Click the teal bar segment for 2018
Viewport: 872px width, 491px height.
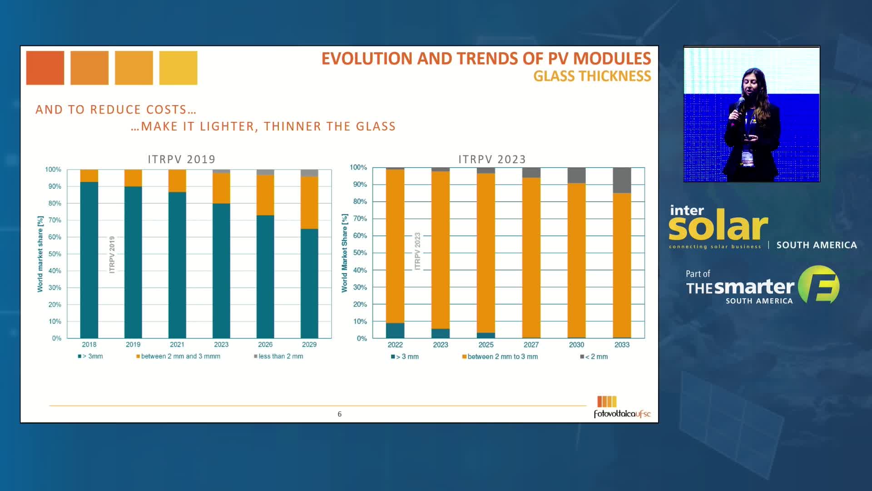click(89, 260)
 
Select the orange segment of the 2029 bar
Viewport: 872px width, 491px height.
click(309, 203)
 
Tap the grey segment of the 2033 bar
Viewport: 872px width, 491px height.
click(622, 180)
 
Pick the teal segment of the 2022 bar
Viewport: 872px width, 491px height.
click(395, 331)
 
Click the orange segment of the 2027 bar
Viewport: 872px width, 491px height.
click(531, 257)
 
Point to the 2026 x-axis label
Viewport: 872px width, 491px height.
click(265, 345)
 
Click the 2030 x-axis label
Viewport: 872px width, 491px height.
click(576, 345)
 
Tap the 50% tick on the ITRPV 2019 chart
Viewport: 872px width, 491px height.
click(54, 254)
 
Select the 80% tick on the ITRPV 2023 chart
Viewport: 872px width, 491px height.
click(360, 201)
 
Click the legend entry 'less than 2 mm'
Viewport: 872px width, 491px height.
click(280, 356)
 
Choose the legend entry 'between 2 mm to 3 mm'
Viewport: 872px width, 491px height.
click(502, 357)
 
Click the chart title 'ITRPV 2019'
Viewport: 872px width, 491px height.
click(182, 160)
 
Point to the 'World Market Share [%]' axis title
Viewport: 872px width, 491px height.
click(345, 253)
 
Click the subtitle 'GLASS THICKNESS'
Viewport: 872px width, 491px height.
click(592, 76)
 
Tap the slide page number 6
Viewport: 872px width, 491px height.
click(339, 414)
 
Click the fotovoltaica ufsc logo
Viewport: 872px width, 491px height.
click(621, 407)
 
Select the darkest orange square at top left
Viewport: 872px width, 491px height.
click(45, 68)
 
